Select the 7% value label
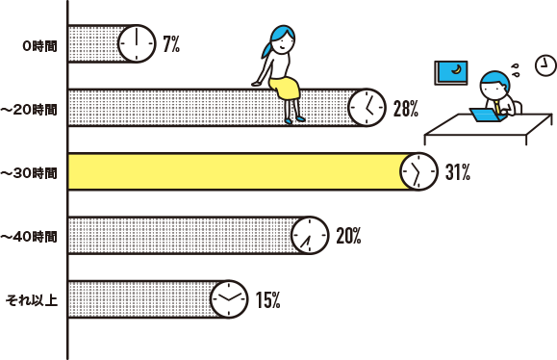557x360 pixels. point(171,44)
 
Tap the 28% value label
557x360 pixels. point(405,108)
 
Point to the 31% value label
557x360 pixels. point(457,172)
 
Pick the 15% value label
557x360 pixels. point(267,299)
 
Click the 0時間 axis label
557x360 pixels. point(38,45)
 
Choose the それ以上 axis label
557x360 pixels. point(33,299)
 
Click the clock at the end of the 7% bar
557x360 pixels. point(137,44)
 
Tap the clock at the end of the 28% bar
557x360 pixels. point(367,108)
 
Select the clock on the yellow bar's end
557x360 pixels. point(418,171)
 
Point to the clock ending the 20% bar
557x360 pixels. point(309,235)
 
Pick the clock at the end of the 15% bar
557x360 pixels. point(228,299)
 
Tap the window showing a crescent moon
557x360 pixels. point(452,72)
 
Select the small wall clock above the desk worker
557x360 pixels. point(545,64)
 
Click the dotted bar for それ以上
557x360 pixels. point(144,299)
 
